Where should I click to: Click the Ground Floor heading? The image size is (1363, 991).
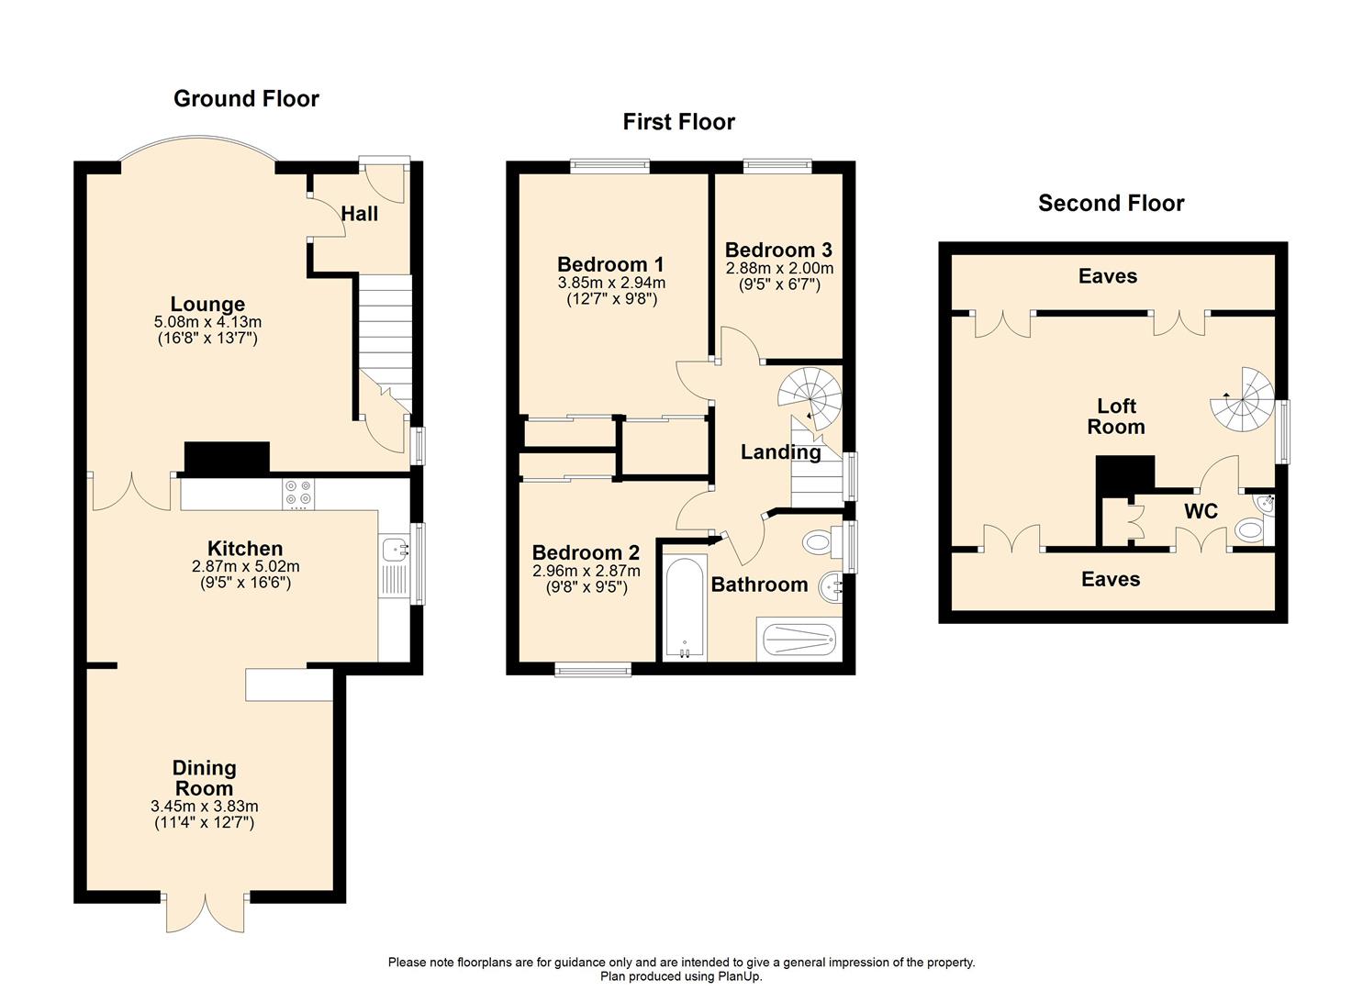click(x=246, y=98)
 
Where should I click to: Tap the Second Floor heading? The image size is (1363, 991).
click(x=1112, y=203)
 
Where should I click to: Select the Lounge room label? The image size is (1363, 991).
click(x=207, y=304)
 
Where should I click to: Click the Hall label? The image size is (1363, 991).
click(x=359, y=214)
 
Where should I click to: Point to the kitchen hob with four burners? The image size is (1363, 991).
click(x=298, y=494)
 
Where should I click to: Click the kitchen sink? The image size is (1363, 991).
click(x=395, y=551)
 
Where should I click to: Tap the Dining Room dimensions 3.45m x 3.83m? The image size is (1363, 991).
click(x=205, y=807)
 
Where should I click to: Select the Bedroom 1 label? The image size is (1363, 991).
click(x=610, y=264)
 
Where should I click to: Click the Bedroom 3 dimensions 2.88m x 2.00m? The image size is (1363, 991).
click(x=779, y=268)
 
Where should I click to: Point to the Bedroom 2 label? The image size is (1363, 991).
click(x=586, y=552)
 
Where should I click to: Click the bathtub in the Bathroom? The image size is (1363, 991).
click(x=685, y=607)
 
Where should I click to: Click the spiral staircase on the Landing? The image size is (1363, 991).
click(x=810, y=396)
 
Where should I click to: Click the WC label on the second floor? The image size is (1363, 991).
click(x=1201, y=512)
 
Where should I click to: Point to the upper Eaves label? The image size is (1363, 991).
click(x=1108, y=276)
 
